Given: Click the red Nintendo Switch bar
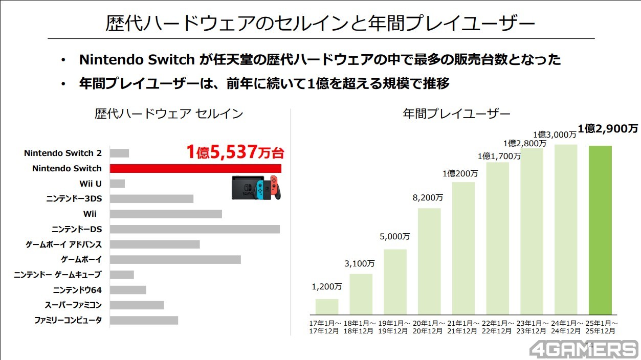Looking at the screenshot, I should (x=195, y=168).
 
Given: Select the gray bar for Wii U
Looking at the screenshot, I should (x=117, y=184).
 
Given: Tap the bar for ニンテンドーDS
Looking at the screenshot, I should (x=194, y=229).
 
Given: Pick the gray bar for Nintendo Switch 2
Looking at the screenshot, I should (x=119, y=153).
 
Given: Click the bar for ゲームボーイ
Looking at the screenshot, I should (x=175, y=260).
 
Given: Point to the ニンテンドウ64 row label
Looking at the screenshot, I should (x=77, y=290).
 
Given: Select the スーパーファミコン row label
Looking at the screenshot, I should (x=73, y=305).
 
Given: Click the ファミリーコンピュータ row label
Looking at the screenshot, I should (x=68, y=321).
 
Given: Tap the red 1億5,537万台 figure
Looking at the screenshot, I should (x=234, y=152).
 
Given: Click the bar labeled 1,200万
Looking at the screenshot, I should (x=327, y=306).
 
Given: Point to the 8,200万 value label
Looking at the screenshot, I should (x=429, y=197).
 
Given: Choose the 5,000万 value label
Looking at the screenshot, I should (x=394, y=237).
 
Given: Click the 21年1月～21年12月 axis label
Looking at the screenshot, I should (x=463, y=327).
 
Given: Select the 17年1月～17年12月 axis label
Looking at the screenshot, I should (x=327, y=327).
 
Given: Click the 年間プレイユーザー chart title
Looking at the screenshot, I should (x=456, y=114).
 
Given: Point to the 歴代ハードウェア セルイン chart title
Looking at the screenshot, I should (x=168, y=114).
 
